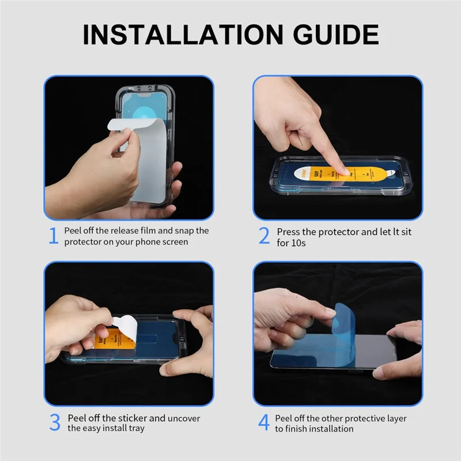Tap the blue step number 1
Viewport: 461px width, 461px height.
(x=53, y=236)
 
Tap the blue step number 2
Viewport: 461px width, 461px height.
(x=264, y=236)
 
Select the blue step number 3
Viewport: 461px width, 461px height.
(x=54, y=422)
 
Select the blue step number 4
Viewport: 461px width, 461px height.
(x=263, y=422)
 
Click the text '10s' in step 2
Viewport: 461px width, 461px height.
(x=298, y=243)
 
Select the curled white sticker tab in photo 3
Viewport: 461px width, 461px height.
(x=125, y=326)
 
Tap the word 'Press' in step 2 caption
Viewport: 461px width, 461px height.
(x=289, y=231)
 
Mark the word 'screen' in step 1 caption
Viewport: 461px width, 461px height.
(x=175, y=242)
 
